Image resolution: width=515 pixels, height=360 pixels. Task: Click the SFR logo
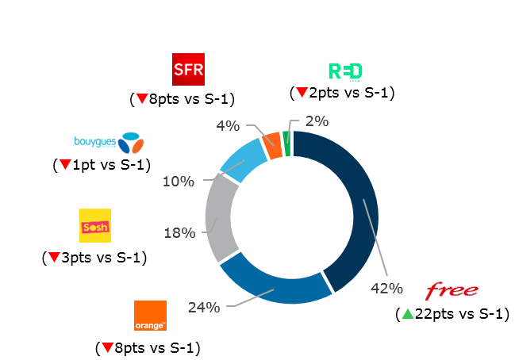188,69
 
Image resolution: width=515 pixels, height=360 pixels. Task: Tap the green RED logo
345,71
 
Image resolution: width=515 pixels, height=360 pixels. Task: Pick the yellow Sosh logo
95,226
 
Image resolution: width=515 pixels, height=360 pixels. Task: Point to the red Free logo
452,289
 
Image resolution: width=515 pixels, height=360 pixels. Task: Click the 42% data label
386,288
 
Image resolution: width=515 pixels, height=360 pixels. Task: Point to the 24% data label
203,307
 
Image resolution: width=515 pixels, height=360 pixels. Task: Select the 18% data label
179,232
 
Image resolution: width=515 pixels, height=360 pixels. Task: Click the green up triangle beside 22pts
407,314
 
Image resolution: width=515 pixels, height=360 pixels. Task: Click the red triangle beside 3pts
53,258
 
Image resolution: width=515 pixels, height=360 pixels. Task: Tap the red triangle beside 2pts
301,93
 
